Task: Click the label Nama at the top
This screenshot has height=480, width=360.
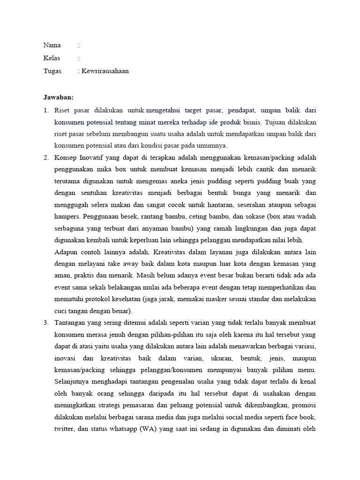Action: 52,45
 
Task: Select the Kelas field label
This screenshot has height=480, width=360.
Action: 52,58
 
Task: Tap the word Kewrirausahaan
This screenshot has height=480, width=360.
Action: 105,71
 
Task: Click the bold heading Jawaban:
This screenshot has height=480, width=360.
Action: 59,97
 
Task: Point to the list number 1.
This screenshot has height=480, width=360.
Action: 46,111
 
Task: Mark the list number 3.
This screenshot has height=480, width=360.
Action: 46,323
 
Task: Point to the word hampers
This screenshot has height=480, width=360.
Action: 67,217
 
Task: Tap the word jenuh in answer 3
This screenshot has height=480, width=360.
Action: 121,335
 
